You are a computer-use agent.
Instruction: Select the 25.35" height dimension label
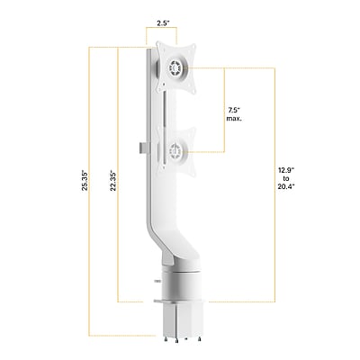tap(85, 181)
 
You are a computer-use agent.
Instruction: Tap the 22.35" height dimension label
tap(113, 181)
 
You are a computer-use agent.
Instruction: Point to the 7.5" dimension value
tap(233, 111)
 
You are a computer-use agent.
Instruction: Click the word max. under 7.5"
tap(234, 119)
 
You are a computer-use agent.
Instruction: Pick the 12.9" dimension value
tap(285, 171)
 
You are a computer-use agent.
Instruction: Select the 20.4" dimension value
tap(285, 186)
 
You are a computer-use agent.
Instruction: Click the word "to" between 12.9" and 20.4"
tap(286, 178)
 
